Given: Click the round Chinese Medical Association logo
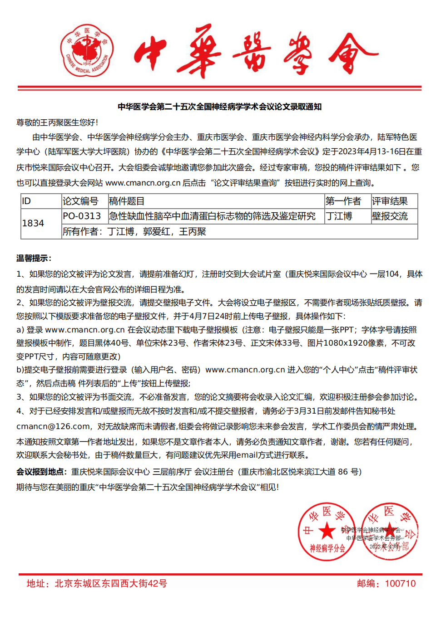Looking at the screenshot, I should click(87, 50).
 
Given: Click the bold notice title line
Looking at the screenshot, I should click(219, 107).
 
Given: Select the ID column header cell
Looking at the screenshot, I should click(41, 201).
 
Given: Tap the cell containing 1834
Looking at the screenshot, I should click(41, 224).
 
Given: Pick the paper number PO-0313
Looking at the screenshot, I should click(82, 216).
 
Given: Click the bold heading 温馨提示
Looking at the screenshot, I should click(34, 259).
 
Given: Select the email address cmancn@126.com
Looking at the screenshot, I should click(53, 426).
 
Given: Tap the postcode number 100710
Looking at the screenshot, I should click(400, 584).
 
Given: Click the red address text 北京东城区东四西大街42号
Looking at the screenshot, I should click(111, 584).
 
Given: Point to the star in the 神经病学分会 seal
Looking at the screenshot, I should click(327, 531).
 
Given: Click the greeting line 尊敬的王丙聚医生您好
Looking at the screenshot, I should click(57, 122).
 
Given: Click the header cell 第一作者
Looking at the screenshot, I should click(343, 201).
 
